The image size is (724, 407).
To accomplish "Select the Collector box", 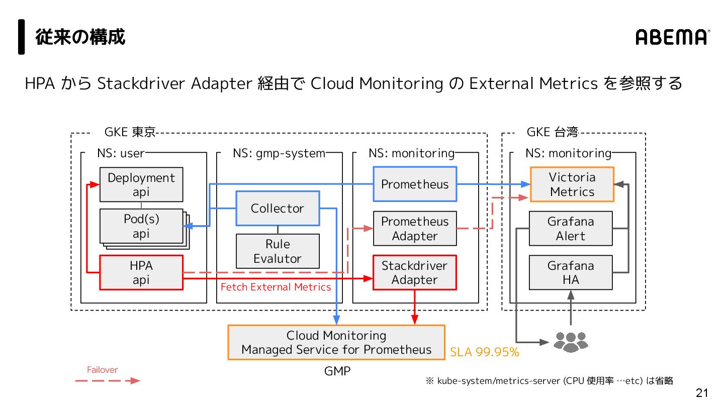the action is tap(278, 209).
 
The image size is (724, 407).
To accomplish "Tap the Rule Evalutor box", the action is tap(278, 251).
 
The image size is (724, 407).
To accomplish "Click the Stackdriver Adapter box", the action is tap(415, 273).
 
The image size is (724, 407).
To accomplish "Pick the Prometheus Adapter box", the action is tap(415, 229).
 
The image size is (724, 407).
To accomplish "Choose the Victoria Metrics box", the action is tap(572, 184).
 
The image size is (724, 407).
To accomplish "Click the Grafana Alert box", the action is tap(571, 229).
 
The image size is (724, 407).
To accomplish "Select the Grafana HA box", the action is tap(571, 273).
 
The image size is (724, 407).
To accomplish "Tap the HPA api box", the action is tap(141, 273).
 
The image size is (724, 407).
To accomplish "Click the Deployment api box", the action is tap(141, 184).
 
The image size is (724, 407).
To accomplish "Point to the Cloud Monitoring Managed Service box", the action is tap(336, 342).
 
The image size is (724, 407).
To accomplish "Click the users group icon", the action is tap(571, 342).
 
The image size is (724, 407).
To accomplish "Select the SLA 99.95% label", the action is tap(485, 352).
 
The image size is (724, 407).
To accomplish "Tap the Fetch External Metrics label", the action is tap(276, 287).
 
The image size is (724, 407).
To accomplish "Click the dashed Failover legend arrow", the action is tap(108, 381).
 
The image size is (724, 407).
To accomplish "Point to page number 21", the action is tap(702, 393).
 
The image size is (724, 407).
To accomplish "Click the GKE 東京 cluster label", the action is tap(130, 132).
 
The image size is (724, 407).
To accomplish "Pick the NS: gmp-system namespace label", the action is tap(279, 153).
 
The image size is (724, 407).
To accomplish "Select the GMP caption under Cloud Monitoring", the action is tap(337, 371).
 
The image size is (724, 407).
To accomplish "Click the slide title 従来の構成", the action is tap(80, 37).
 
